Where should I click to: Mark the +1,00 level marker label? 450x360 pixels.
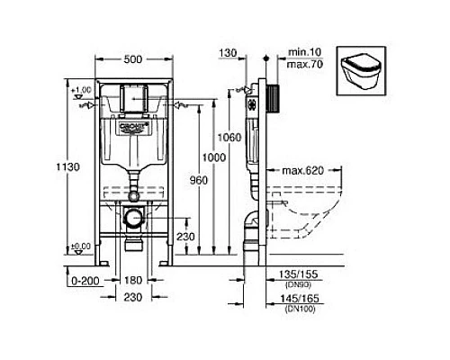coord(81,91)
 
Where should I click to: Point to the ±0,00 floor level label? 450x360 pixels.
coord(81,246)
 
